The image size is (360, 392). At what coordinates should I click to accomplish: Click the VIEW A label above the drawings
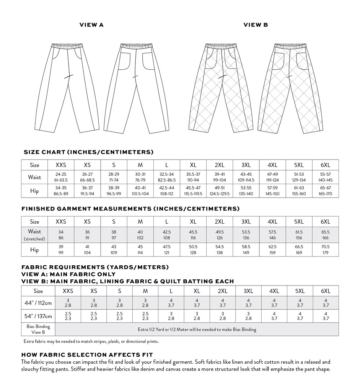(x=91, y=25)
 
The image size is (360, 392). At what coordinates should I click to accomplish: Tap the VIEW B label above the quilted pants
(x=256, y=25)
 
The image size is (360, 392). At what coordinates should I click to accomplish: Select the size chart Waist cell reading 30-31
(x=140, y=177)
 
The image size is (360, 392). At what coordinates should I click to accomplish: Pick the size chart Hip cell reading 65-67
(x=325, y=191)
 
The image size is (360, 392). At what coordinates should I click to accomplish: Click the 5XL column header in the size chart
(x=299, y=165)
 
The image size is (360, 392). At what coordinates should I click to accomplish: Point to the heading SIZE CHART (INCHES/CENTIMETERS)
(x=89, y=152)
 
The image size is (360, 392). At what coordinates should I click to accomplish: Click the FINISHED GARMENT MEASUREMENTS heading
(x=130, y=209)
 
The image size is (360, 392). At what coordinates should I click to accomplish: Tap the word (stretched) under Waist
(x=34, y=239)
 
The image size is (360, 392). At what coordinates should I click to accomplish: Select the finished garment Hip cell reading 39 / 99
(x=61, y=250)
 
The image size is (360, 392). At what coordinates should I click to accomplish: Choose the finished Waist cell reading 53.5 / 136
(x=246, y=235)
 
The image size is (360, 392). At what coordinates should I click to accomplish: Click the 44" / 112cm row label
(x=38, y=303)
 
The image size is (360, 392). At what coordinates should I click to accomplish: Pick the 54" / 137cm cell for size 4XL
(x=274, y=316)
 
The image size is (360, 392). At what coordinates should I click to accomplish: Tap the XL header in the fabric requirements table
(x=197, y=291)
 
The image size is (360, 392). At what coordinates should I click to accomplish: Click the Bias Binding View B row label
(x=38, y=329)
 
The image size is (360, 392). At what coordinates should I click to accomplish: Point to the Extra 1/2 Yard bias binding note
(x=197, y=329)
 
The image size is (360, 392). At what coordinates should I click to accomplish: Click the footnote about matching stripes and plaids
(x=91, y=341)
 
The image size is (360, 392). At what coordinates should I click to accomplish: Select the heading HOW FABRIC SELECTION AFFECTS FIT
(x=87, y=355)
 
